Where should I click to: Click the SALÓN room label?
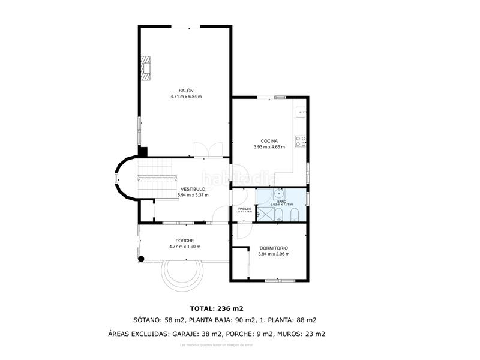click(185, 91)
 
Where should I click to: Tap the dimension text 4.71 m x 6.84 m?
click(185, 96)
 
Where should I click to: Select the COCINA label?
click(269, 141)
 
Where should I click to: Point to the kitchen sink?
click(301, 111)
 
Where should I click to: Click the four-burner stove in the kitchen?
click(302, 141)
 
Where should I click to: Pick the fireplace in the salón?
click(146, 67)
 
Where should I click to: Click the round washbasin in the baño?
click(280, 193)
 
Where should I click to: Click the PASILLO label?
click(244, 209)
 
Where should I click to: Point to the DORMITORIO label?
click(274, 248)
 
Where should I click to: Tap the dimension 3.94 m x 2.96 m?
click(274, 254)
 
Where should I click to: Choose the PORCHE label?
click(185, 241)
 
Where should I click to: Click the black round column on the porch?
click(142, 259)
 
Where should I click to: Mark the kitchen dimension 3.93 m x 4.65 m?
click(269, 146)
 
